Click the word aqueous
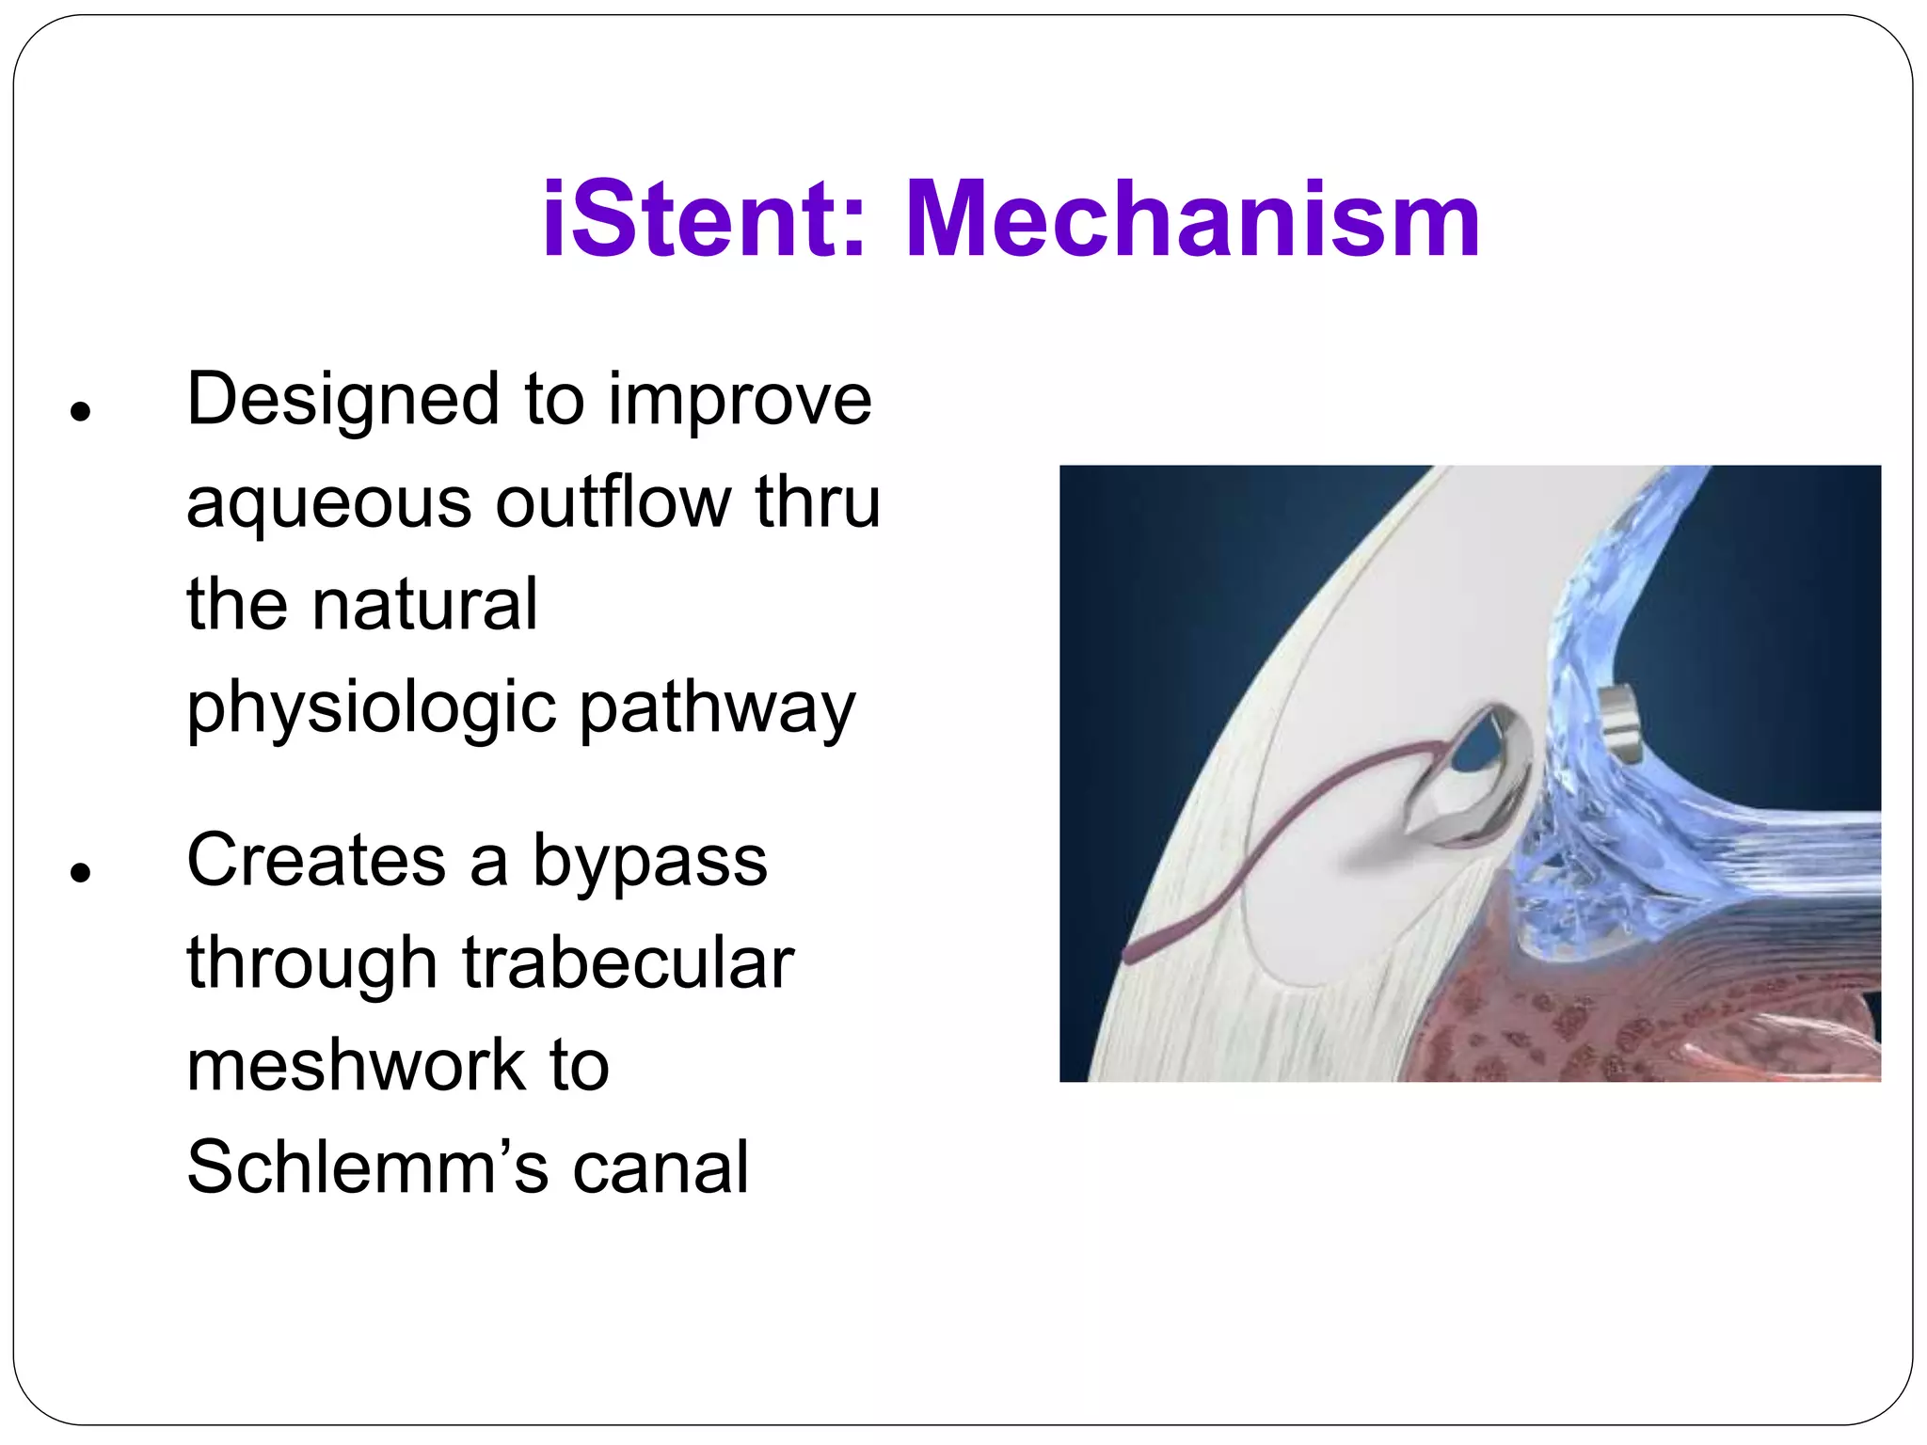point(328,503)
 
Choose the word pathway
point(717,708)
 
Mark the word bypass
point(649,861)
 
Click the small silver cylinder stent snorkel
point(1620,724)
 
